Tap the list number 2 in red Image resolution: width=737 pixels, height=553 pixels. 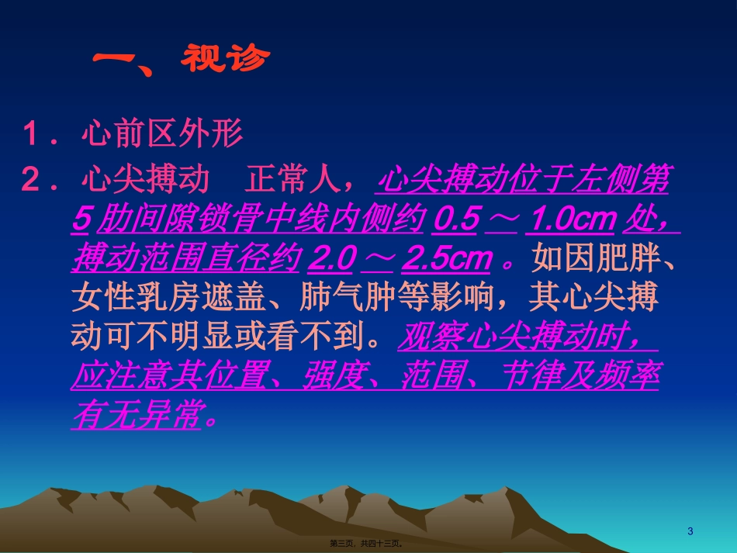tap(33, 181)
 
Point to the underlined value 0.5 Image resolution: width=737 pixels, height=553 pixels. tap(455, 220)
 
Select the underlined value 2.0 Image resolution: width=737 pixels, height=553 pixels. tap(331, 260)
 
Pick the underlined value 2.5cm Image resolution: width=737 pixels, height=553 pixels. tap(447, 260)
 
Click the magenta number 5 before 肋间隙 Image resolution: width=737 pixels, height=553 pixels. tap(81, 220)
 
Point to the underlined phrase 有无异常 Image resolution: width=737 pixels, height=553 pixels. tap(136, 417)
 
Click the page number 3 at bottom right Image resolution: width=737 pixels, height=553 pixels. tap(690, 531)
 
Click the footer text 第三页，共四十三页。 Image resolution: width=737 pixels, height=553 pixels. tap(366, 543)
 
